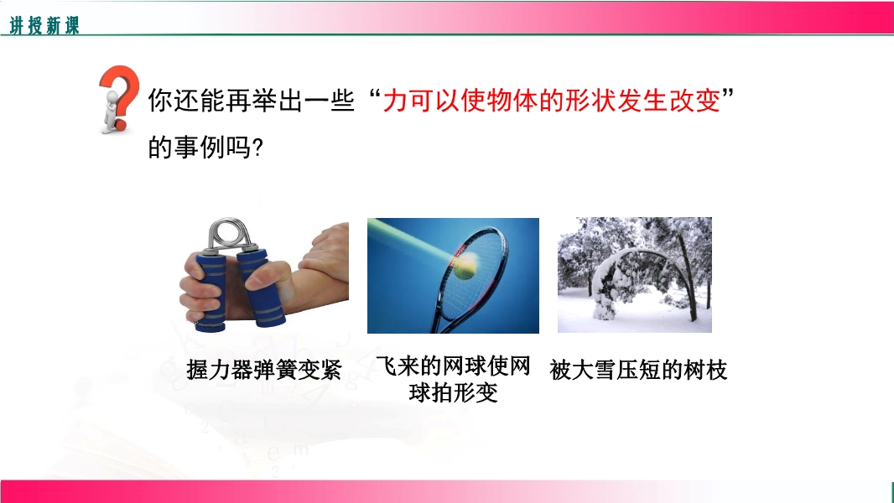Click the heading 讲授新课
[44, 25]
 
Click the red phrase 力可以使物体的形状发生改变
[551, 101]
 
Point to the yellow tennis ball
[465, 267]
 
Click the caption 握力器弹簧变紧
[264, 371]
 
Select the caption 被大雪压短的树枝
[638, 371]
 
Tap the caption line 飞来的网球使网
[453, 366]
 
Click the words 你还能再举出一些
[252, 101]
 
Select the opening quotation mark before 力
[375, 93]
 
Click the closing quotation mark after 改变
[727, 93]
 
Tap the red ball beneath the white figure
[120, 125]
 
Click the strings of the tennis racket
[473, 273]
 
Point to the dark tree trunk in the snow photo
[688, 279]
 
